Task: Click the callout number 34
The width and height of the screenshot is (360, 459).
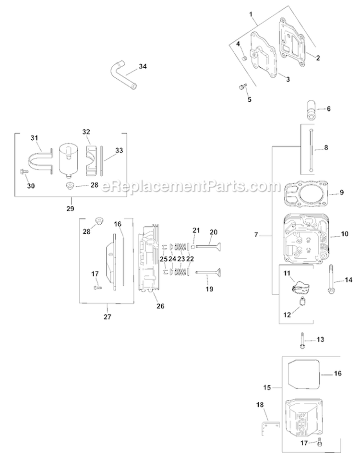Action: point(143,67)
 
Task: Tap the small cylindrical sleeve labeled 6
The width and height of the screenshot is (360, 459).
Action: point(310,109)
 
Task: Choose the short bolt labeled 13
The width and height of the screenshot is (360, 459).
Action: point(303,339)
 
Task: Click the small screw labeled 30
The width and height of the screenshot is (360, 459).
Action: point(23,171)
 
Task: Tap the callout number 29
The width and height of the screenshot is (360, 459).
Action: point(71,209)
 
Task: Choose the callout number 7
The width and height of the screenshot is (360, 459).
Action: point(257,235)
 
